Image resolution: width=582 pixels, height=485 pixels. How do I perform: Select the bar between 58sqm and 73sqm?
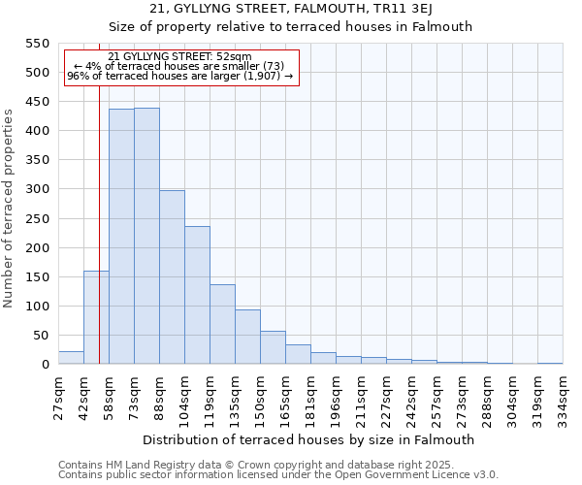[x=121, y=237]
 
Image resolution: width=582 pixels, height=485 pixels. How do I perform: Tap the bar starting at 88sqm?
[x=172, y=277]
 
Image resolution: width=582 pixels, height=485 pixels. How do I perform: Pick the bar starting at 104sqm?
[x=197, y=295]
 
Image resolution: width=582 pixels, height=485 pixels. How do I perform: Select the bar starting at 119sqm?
[x=222, y=324]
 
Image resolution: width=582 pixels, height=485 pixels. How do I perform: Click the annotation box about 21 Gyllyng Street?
[x=180, y=66]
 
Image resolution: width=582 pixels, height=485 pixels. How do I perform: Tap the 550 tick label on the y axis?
[x=37, y=44]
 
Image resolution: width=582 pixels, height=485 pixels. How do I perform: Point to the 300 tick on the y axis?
[x=37, y=189]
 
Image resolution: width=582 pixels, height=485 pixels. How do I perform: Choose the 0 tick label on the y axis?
[x=45, y=365]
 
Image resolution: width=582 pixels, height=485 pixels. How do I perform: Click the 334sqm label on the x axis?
[x=564, y=399]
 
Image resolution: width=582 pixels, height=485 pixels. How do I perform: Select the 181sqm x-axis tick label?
[x=311, y=399]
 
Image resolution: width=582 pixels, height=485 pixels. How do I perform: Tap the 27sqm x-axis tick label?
[x=59, y=399]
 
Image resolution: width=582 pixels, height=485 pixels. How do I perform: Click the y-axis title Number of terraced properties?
[x=10, y=209]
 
